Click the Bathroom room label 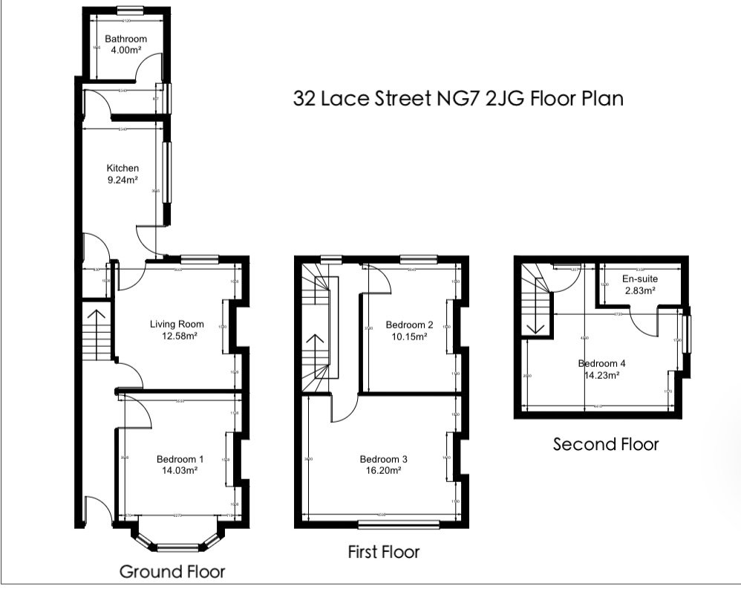click(125, 39)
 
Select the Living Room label click(177, 324)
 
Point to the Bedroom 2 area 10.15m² click(410, 336)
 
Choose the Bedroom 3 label click(382, 459)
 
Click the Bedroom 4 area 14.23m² click(602, 375)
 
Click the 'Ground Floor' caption click(172, 571)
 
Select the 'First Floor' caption click(384, 552)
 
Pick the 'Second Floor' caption click(606, 444)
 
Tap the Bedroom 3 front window click(398, 525)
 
